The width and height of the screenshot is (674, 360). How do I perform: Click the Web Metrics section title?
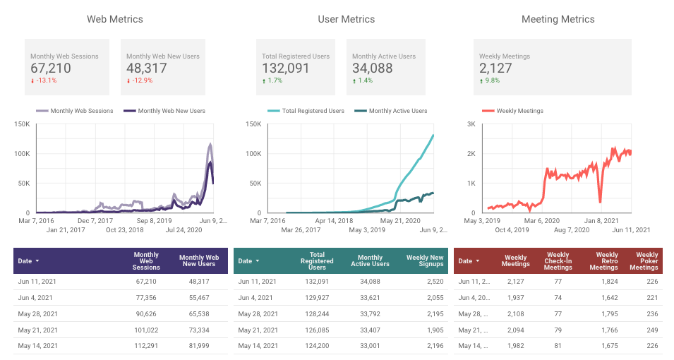tap(115, 19)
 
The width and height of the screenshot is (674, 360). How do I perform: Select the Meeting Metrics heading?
tap(558, 19)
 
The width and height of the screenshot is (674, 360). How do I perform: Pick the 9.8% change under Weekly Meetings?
tap(491, 80)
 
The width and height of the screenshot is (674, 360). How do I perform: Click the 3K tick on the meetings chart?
tap(471, 124)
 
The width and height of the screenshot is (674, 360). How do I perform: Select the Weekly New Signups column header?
tap(425, 260)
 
